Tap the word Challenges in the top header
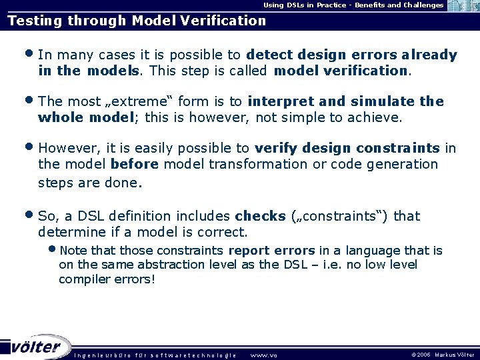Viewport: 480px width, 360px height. click(417, 5)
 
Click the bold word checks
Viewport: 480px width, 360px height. click(261, 216)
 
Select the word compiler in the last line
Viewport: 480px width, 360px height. click(83, 279)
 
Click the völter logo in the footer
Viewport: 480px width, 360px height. click(37, 347)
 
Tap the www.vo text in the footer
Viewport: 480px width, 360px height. click(263, 355)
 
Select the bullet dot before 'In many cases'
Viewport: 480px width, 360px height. click(31, 55)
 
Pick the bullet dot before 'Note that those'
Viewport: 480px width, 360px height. click(53, 251)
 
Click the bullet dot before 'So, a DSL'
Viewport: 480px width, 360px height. click(31, 216)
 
